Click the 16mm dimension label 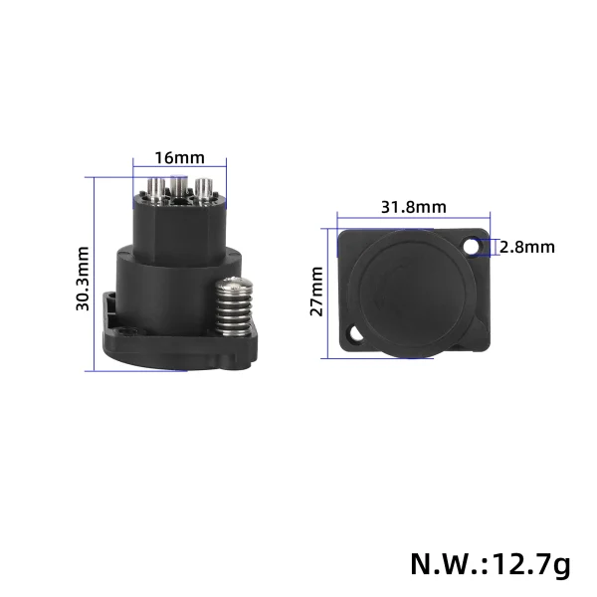click(180, 157)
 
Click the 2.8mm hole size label click(526, 247)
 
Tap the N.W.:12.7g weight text click(491, 564)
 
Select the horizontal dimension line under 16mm click(180, 168)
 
